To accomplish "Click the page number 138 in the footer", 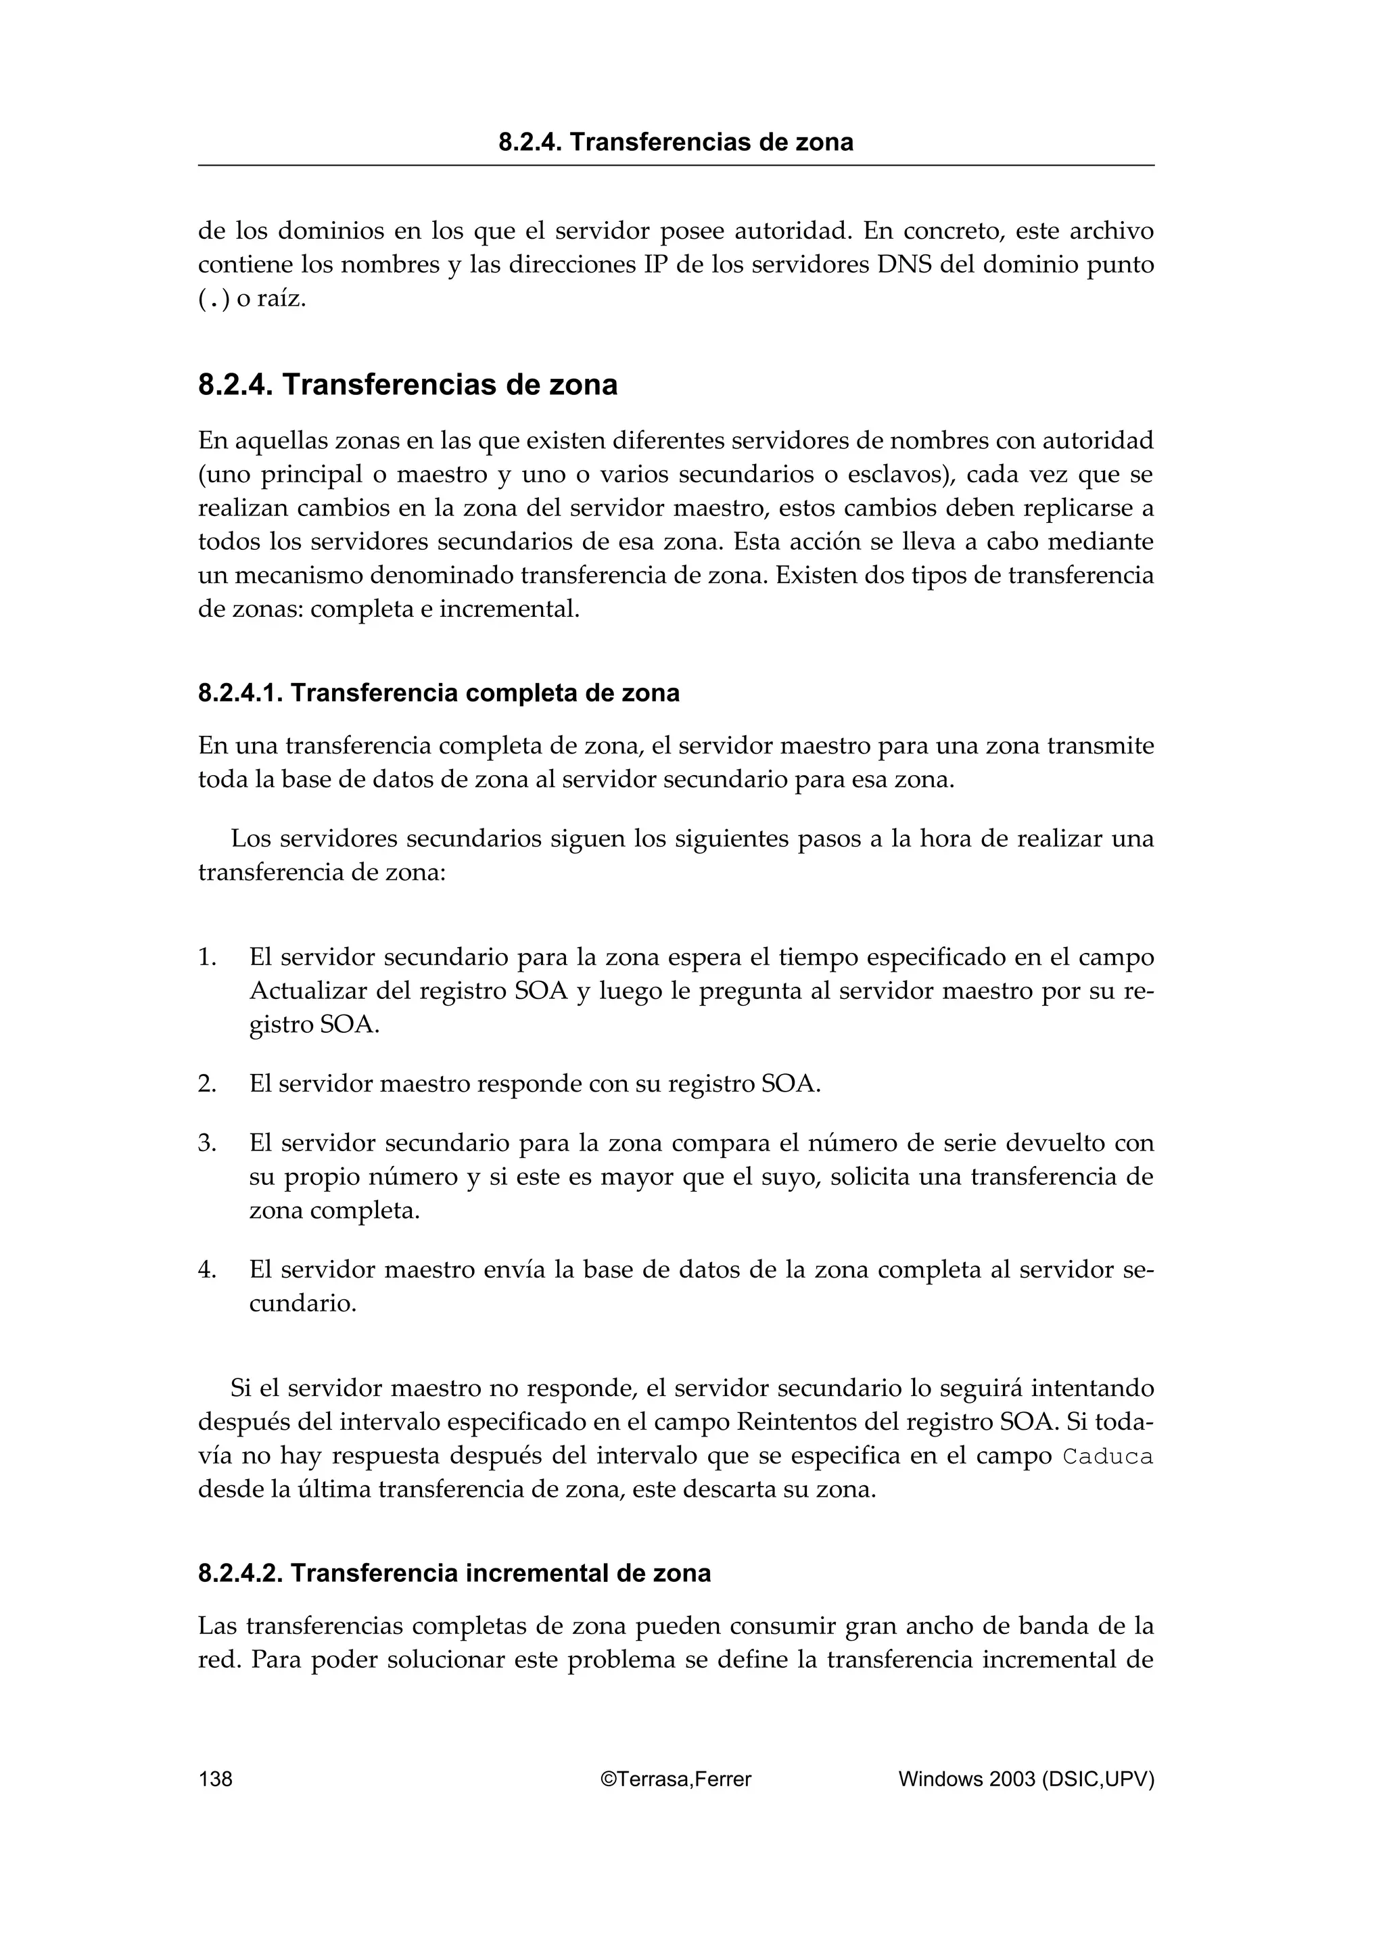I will tap(215, 1779).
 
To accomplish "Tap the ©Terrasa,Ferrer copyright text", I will tap(676, 1779).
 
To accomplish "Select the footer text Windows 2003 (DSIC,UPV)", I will tap(1026, 1779).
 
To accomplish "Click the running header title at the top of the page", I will tap(676, 142).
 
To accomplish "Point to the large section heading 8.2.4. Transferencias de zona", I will tap(408, 385).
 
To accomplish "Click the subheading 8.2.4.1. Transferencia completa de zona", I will tap(439, 693).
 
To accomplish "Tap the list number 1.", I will tap(206, 958).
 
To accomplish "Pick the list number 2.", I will tap(206, 1084).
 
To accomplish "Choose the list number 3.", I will tap(206, 1143).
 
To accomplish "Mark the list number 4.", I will tap(206, 1270).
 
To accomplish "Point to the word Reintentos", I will tap(790, 1422).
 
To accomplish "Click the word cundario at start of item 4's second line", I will tap(302, 1303).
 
